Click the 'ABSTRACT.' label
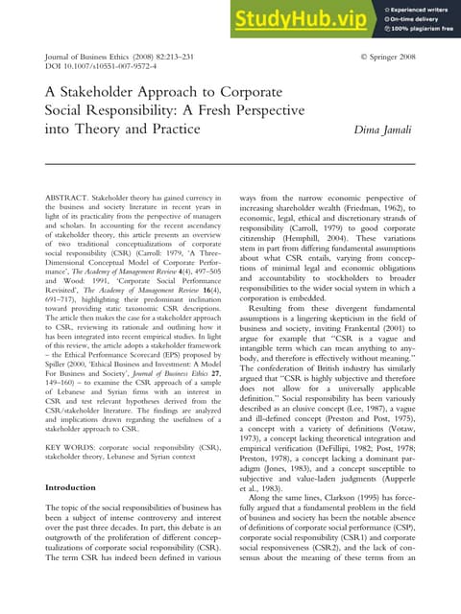pos(69,197)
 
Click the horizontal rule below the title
pos(230,165)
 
